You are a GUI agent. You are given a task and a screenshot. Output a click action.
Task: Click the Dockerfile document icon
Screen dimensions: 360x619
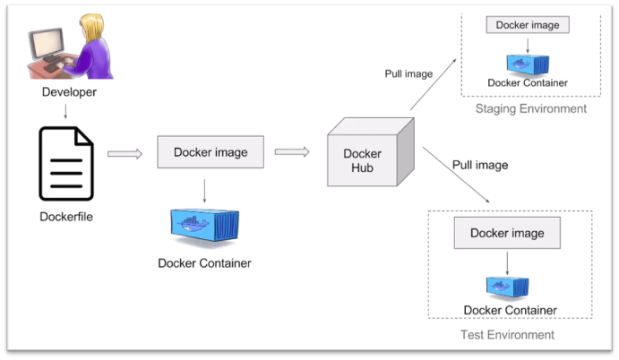(x=66, y=163)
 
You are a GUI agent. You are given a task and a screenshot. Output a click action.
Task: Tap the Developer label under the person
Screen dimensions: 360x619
(x=69, y=92)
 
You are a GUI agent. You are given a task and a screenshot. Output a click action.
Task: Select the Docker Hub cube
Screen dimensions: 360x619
(x=367, y=153)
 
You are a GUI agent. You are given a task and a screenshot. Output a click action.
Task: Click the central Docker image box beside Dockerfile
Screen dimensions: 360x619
(x=211, y=152)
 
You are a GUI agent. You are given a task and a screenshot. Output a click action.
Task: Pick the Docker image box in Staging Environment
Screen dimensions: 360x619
(x=528, y=25)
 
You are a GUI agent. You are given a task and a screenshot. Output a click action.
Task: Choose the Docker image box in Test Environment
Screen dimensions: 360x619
(x=507, y=234)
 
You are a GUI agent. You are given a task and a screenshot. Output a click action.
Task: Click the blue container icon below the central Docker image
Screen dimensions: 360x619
(x=205, y=226)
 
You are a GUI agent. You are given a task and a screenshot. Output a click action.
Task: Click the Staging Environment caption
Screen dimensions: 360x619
(x=531, y=109)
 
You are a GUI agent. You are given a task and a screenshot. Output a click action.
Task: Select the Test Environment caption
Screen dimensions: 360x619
(x=507, y=335)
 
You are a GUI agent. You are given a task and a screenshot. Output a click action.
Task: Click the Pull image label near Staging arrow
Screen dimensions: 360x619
(x=408, y=74)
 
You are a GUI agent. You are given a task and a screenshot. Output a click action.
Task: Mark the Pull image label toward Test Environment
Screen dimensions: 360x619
(x=479, y=165)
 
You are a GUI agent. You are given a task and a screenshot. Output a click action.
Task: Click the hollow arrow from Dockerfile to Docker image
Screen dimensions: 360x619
(x=125, y=153)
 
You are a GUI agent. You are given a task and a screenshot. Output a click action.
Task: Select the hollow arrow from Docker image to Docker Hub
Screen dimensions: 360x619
(x=292, y=151)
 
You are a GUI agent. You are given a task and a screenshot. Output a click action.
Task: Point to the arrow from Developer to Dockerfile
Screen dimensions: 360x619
(x=65, y=111)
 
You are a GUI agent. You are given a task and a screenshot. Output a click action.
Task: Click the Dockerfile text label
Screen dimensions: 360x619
(x=66, y=216)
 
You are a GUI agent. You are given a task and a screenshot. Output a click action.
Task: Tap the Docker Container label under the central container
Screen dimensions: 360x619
(x=204, y=263)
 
